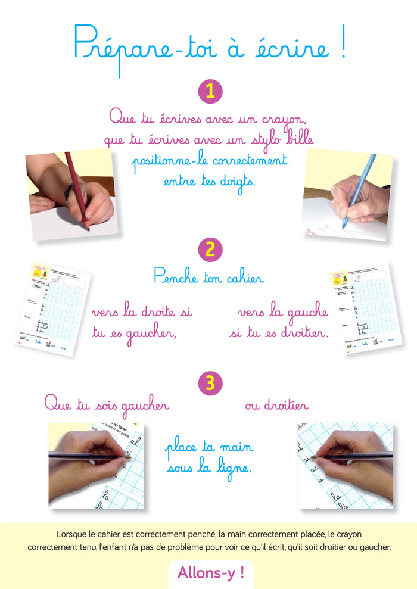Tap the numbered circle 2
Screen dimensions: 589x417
tap(210, 249)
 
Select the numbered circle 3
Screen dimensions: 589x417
tap(210, 383)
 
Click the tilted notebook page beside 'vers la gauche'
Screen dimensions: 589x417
tap(365, 308)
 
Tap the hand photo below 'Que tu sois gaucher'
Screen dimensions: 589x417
tap(96, 465)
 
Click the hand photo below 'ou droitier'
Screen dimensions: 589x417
tap(345, 465)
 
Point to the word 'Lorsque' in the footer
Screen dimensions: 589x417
tap(71, 534)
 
